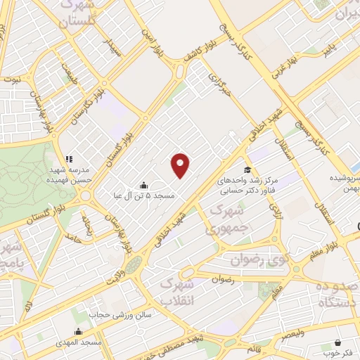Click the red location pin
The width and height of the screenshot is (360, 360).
pos(181,165)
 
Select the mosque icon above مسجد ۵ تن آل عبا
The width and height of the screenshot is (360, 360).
pos(144,185)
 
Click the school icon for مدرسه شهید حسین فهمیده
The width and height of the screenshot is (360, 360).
pos(69,159)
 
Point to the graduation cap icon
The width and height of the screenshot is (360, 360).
pos(247,169)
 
